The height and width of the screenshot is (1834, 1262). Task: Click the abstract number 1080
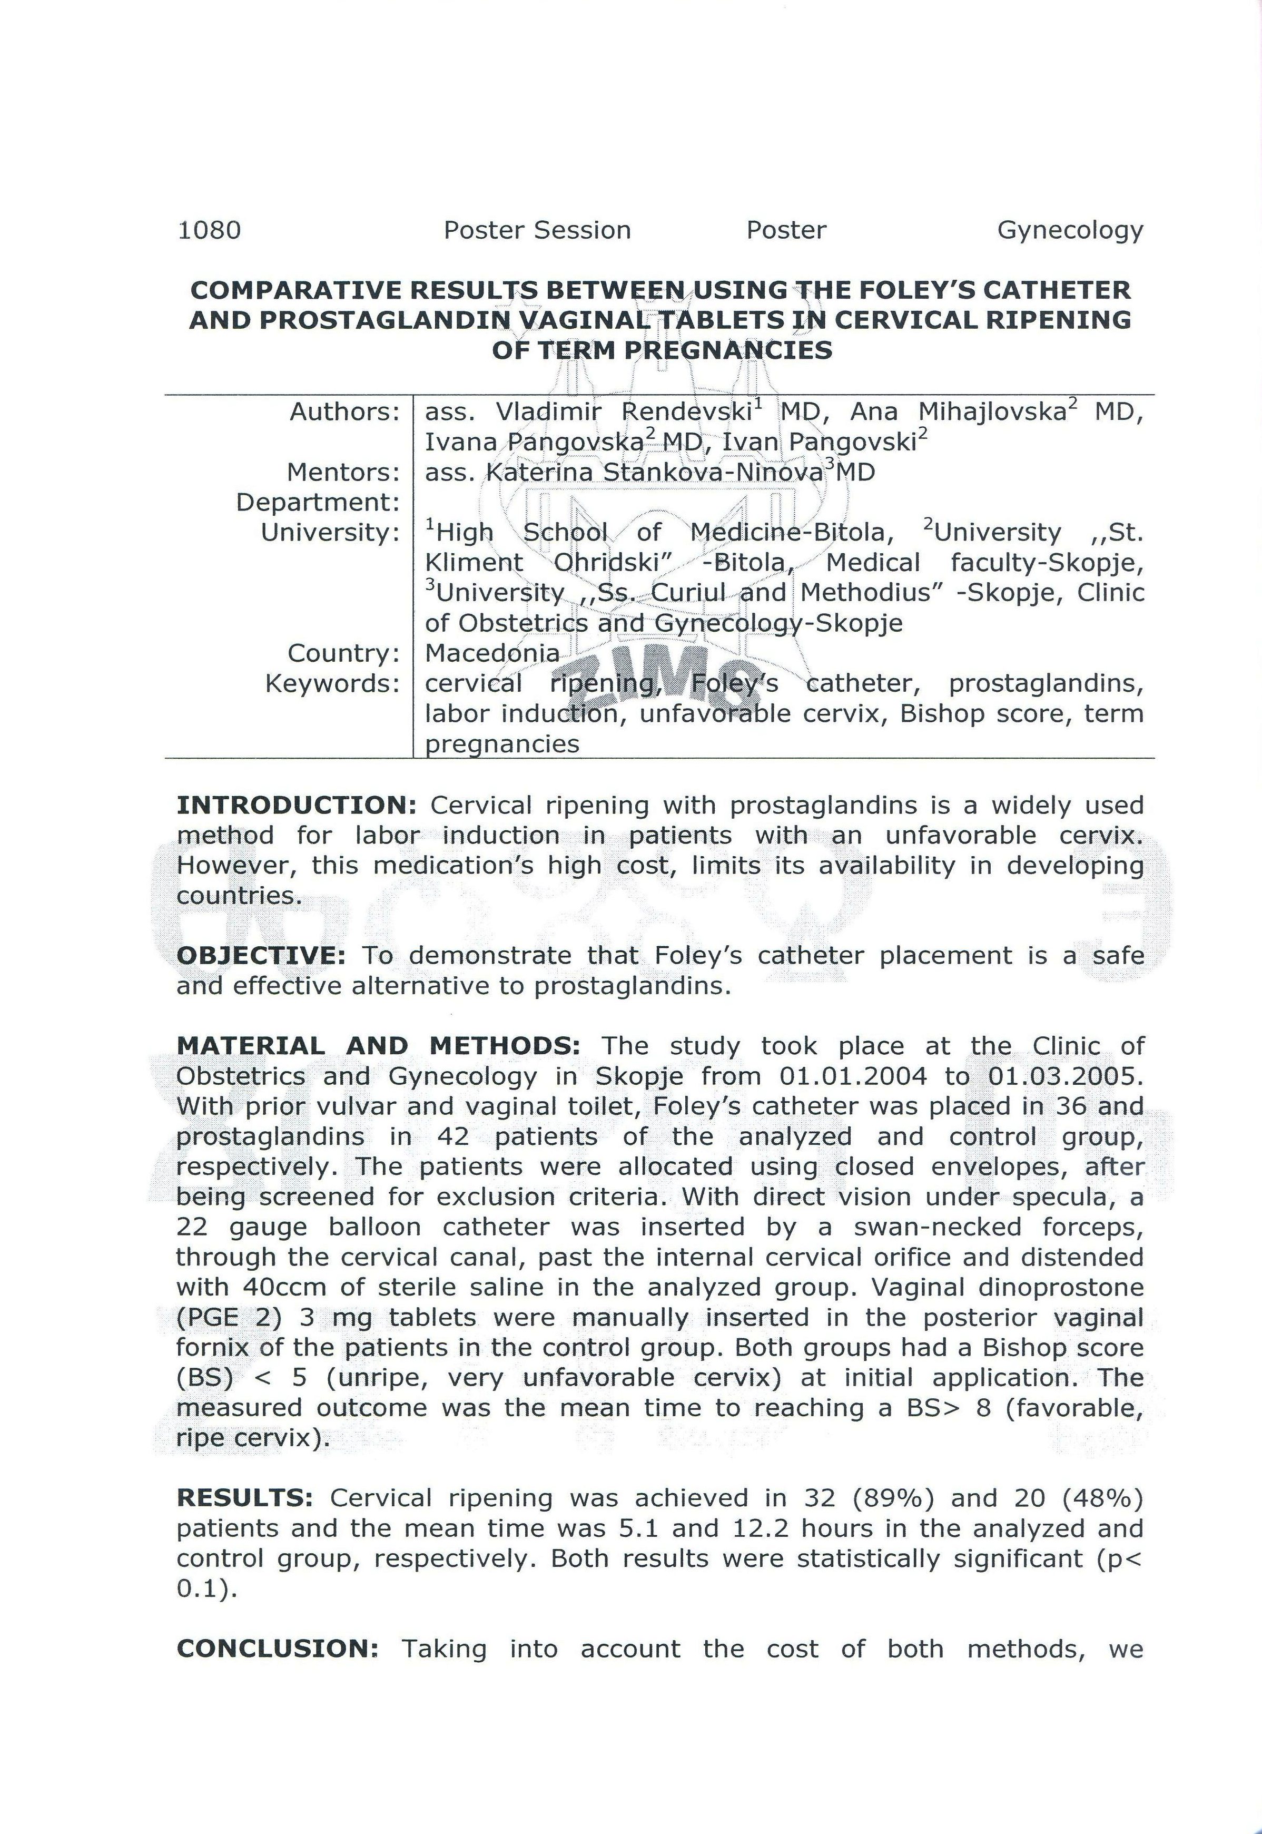point(209,230)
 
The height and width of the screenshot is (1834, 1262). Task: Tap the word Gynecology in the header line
point(1070,230)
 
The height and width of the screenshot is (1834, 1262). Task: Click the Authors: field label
point(345,412)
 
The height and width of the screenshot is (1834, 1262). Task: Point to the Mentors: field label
point(343,472)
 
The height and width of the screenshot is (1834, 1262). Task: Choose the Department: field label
point(318,502)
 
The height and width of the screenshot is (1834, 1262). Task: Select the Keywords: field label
point(332,683)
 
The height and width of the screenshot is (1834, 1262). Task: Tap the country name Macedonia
point(492,653)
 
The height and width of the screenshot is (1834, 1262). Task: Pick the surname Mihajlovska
point(992,412)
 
